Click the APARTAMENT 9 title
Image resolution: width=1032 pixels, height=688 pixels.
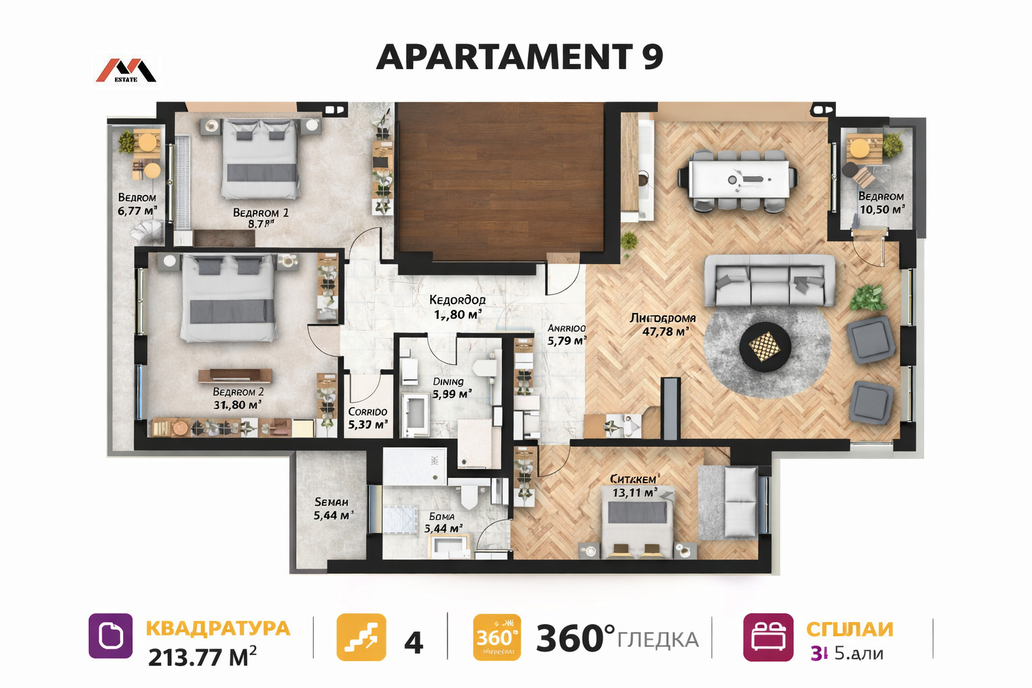[x=519, y=56]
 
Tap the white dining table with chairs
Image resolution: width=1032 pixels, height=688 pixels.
[x=738, y=178]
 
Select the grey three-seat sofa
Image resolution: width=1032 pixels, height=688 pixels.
[x=769, y=281]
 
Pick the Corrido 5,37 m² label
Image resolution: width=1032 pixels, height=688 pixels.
[x=368, y=419]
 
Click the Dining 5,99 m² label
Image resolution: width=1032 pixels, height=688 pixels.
[x=450, y=388]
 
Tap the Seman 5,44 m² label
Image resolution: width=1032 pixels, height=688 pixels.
[x=332, y=509]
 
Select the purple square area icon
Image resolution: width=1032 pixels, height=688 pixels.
[x=111, y=636]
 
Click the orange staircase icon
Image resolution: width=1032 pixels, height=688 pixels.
[x=361, y=637]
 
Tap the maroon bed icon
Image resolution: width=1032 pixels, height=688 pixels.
[x=768, y=637]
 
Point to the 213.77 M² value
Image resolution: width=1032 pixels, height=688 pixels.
[x=202, y=656]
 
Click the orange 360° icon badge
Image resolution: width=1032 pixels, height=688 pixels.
[x=497, y=637]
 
